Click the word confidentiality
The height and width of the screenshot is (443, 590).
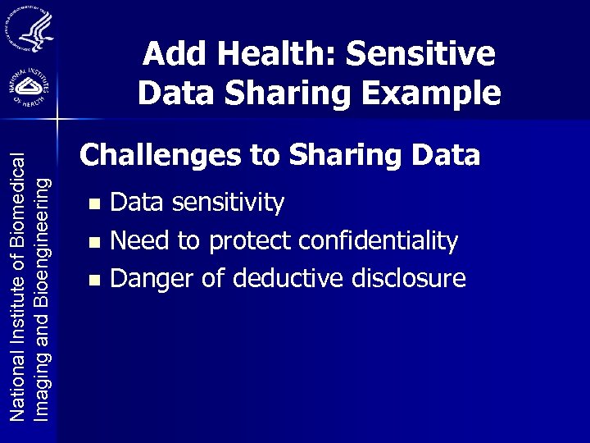pyautogui.click(x=378, y=240)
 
